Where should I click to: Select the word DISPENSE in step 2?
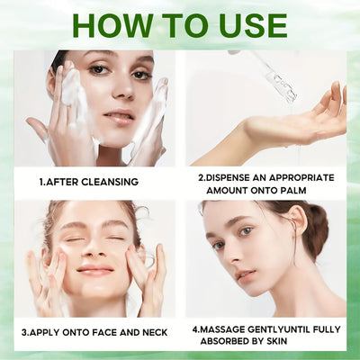pyautogui.click(x=235, y=176)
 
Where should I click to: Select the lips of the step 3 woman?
pyautogui.click(x=94, y=270)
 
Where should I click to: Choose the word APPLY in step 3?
pyautogui.click(x=49, y=332)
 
